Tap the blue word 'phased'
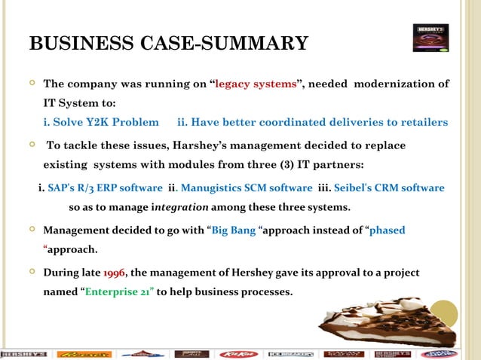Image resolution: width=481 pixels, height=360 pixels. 387,230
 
